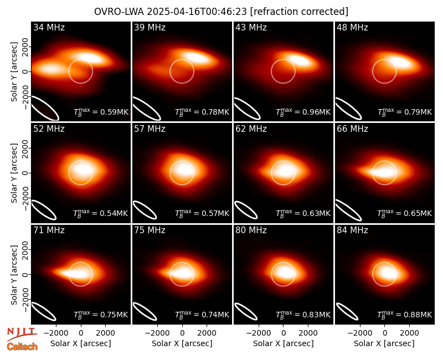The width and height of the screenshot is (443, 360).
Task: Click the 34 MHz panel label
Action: [x=49, y=27]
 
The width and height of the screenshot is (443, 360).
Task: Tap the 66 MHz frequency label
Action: [x=352, y=129]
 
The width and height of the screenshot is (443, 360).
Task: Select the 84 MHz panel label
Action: [x=352, y=230]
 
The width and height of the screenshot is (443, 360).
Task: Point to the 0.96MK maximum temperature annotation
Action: [x=316, y=112]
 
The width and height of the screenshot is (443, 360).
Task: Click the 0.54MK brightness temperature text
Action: [x=114, y=213]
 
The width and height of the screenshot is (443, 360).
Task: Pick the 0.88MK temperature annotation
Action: [x=418, y=315]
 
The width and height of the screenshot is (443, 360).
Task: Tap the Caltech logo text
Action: [x=22, y=347]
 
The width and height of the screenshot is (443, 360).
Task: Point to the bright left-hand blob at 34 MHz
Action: [x=51, y=69]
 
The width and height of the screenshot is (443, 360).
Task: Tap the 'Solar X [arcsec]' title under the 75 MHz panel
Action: [x=182, y=343]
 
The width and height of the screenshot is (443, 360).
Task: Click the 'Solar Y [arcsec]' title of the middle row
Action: [x=14, y=173]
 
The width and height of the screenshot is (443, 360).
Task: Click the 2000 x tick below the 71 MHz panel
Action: [x=105, y=333]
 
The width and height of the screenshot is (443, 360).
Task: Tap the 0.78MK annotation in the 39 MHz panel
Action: [x=215, y=112]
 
